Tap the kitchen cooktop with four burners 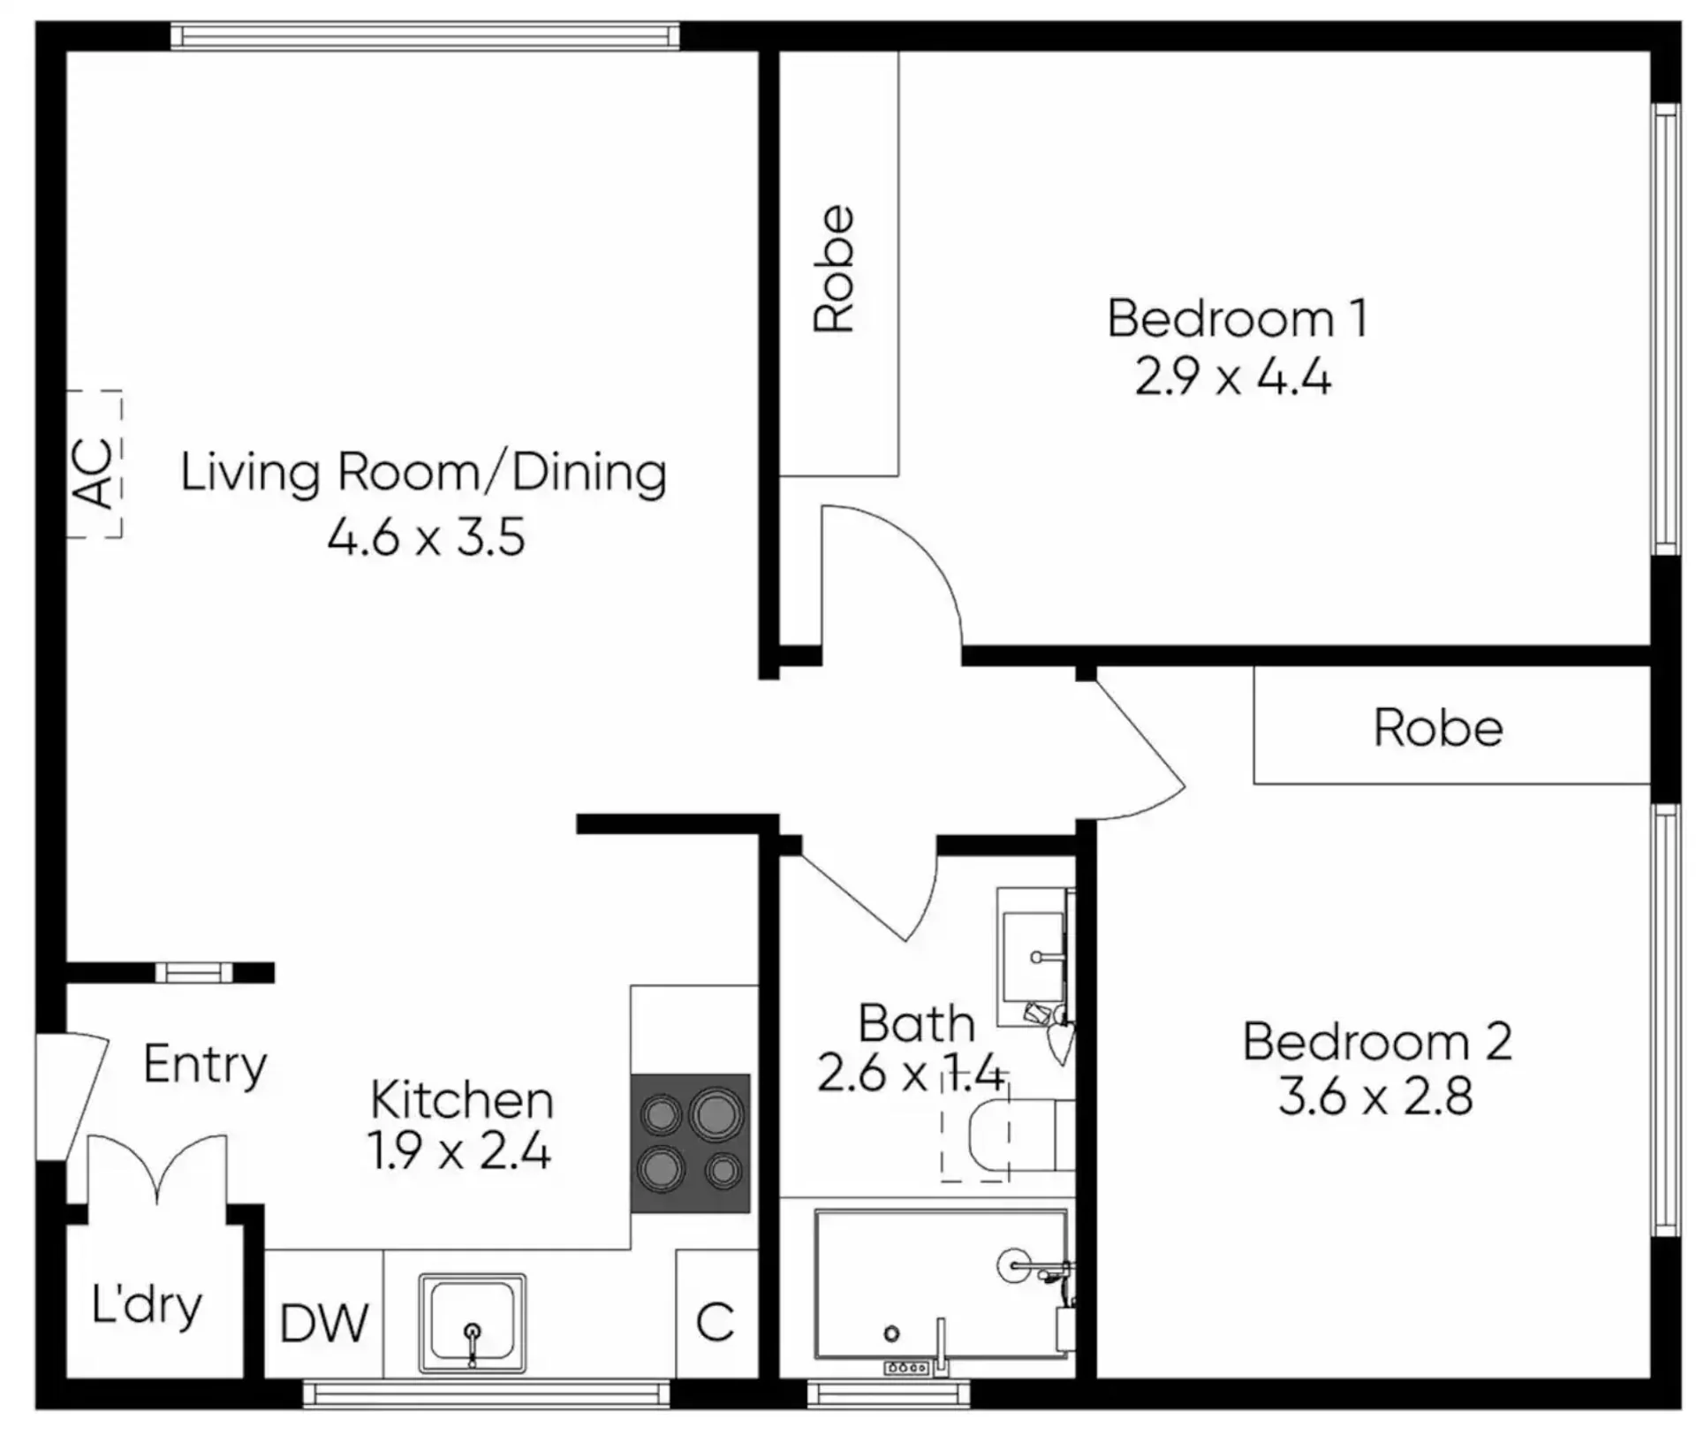coord(690,1143)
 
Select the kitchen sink coord(473,1323)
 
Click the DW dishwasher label coord(324,1323)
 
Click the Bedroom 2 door coord(1139,751)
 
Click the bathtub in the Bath coord(942,1284)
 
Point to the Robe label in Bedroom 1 coord(835,269)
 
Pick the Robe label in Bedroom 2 coord(1438,728)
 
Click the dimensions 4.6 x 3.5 coord(427,536)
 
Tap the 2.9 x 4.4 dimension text coord(1233,377)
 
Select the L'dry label coord(147,1306)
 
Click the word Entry coord(205,1065)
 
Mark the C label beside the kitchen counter coord(715,1323)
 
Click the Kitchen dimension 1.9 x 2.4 coord(459,1151)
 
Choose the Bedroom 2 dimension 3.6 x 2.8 coord(1375,1097)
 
